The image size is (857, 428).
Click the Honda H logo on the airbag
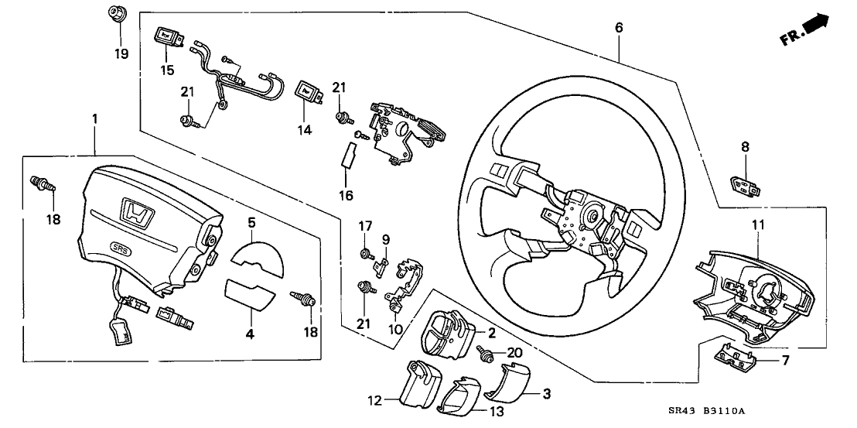(x=136, y=213)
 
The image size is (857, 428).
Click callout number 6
(x=619, y=28)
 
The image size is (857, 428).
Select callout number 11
(x=758, y=225)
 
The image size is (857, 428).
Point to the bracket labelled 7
(x=736, y=355)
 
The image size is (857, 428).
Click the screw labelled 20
(x=489, y=354)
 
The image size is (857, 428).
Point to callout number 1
(x=94, y=119)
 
